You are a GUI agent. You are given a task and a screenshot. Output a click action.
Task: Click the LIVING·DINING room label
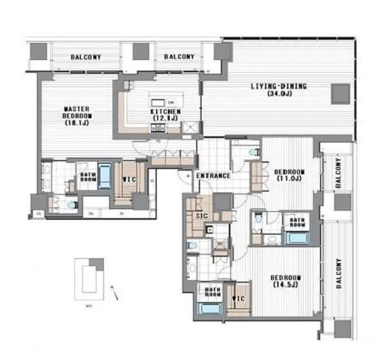click(x=278, y=87)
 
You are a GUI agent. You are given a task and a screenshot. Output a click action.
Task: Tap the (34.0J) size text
click(x=278, y=94)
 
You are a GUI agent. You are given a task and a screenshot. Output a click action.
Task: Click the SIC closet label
click(x=202, y=215)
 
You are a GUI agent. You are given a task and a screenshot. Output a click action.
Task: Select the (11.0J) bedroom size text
click(x=289, y=179)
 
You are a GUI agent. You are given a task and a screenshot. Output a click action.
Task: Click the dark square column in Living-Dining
click(x=339, y=93)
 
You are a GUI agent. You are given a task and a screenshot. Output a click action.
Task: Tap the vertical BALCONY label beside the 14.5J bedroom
click(x=338, y=275)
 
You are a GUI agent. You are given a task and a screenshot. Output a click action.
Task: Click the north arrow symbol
click(x=114, y=292)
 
